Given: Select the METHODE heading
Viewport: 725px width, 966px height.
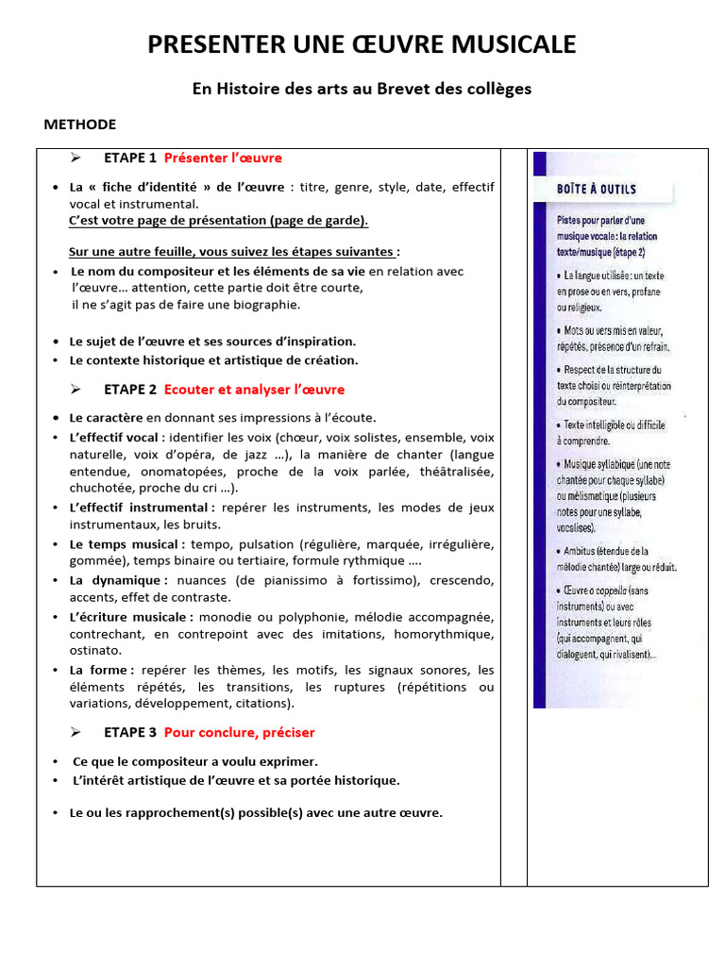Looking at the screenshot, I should click(80, 125).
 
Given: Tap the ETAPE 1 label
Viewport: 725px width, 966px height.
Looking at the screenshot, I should click(130, 158).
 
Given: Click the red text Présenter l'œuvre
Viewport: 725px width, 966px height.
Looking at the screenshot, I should click(223, 158).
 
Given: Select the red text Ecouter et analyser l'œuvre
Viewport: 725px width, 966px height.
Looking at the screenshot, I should click(254, 390).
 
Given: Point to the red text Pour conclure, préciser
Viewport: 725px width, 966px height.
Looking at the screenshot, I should click(240, 732).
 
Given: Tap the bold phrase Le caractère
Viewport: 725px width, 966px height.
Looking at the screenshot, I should click(106, 417).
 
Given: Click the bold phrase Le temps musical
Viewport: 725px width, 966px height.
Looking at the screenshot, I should click(126, 544).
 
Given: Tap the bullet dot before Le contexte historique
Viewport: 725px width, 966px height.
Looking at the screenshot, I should click(57, 360).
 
